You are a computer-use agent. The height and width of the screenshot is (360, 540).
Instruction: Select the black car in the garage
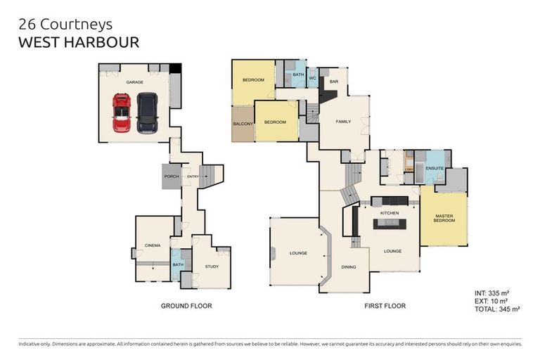[x=148, y=112]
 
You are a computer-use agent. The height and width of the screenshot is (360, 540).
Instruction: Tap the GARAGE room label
[x=134, y=82]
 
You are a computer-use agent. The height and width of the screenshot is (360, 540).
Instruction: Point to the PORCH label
[x=171, y=176]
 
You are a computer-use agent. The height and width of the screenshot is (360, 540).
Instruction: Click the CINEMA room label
[x=153, y=245]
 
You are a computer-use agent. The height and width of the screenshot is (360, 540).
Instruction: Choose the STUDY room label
[x=212, y=266]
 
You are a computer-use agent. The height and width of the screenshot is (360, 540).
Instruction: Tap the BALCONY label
[x=242, y=124]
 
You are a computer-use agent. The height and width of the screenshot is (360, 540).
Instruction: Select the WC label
[x=313, y=78]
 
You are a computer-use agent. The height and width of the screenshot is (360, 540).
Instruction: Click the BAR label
[x=334, y=81]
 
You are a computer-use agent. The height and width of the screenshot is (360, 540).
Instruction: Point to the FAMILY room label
[x=342, y=122]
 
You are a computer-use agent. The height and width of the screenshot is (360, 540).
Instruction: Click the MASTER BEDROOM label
[x=444, y=218]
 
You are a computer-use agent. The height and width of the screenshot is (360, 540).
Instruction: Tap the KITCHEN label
[x=390, y=212]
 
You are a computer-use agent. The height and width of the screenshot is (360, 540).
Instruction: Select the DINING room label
[x=349, y=267]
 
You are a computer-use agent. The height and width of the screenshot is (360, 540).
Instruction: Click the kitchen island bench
[x=390, y=224]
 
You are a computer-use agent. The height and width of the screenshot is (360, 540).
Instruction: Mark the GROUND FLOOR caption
[x=186, y=306]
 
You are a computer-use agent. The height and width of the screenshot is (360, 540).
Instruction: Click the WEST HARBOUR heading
[x=78, y=42]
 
